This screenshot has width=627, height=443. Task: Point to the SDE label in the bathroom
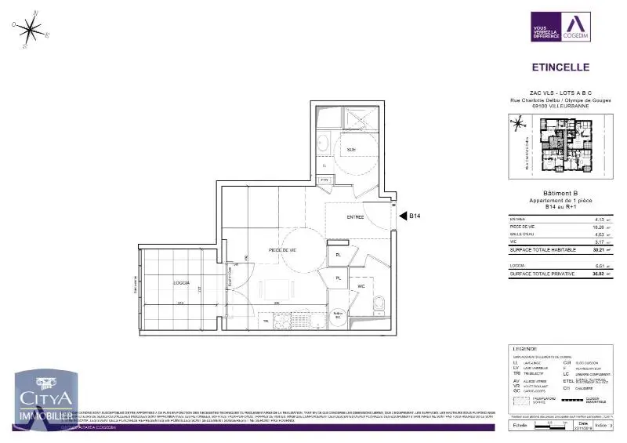click(x=352, y=150)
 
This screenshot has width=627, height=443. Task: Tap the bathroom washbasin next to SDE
click(x=322, y=143)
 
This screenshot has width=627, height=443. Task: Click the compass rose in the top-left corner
click(x=31, y=30)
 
